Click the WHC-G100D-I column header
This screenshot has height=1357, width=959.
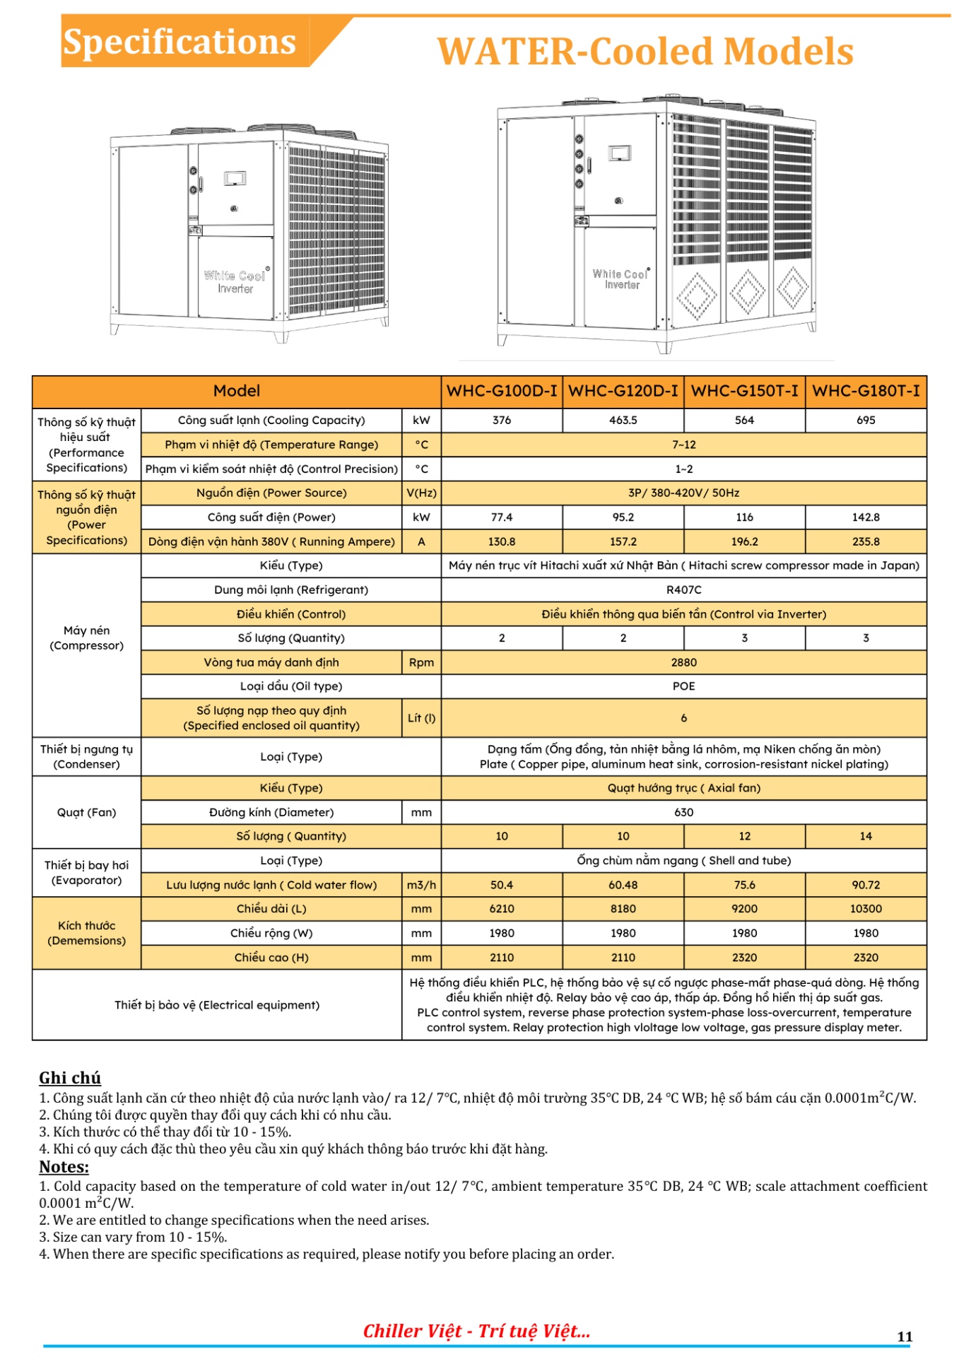502,391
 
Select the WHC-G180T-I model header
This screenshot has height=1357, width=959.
866,391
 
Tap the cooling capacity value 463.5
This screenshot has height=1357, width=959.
623,420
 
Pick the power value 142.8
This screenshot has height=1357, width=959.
866,517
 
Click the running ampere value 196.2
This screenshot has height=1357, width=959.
744,541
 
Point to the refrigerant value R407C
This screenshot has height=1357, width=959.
683,589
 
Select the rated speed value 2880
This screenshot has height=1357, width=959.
683,662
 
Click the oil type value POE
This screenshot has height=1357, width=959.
683,686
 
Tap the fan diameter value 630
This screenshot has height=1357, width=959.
683,812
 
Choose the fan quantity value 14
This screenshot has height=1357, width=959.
866,836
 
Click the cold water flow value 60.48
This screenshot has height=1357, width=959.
623,885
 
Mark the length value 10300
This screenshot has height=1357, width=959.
866,909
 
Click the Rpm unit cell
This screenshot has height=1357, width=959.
421,662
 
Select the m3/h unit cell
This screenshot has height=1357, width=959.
421,885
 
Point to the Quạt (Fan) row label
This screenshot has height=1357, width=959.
86,812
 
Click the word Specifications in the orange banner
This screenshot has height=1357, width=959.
180,42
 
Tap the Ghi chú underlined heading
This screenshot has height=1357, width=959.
70,1078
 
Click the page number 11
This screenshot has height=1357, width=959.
905,1337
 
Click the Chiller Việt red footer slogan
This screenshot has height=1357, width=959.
476,1332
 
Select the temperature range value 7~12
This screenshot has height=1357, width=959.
683,445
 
